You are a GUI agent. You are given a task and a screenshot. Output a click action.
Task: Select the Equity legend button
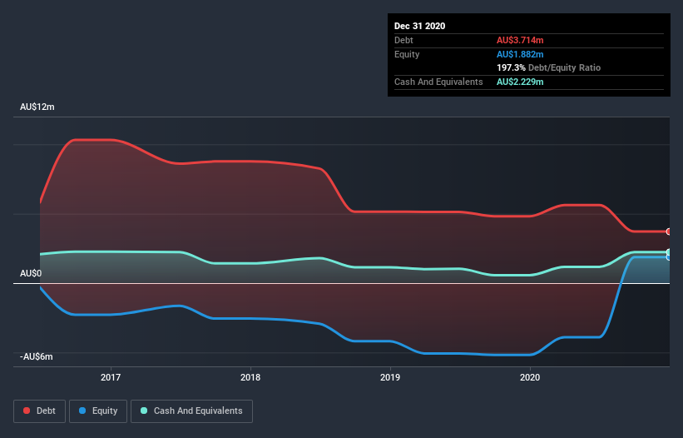[98, 411]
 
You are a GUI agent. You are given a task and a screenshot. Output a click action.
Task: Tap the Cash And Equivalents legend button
[191, 411]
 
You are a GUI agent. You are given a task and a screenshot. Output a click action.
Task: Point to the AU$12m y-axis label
[37, 107]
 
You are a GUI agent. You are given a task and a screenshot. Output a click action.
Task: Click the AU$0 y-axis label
[31, 273]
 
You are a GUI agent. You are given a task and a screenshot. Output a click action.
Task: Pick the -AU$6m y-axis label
[37, 356]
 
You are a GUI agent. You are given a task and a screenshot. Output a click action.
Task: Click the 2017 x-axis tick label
[111, 377]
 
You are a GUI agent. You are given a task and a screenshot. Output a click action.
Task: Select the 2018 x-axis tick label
[250, 377]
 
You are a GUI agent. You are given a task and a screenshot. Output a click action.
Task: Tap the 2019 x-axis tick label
[390, 377]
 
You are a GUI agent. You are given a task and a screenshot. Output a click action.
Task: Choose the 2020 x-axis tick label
[530, 377]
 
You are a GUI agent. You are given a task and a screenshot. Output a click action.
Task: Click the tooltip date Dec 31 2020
[419, 26]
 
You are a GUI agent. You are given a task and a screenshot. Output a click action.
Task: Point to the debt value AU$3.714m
[522, 40]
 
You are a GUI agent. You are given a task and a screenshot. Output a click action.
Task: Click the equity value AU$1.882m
[522, 54]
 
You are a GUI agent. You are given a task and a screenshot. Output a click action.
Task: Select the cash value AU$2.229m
[522, 82]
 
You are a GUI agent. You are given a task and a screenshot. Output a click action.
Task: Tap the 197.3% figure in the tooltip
[511, 67]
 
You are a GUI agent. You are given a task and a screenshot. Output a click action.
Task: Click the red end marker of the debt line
[668, 231]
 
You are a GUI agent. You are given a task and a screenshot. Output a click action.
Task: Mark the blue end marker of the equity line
[668, 257]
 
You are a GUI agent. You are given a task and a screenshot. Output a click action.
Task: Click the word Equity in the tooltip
[407, 54]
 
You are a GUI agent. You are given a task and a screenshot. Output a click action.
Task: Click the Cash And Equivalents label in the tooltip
[438, 82]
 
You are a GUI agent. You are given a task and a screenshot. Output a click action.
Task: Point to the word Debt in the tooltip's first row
[404, 40]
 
